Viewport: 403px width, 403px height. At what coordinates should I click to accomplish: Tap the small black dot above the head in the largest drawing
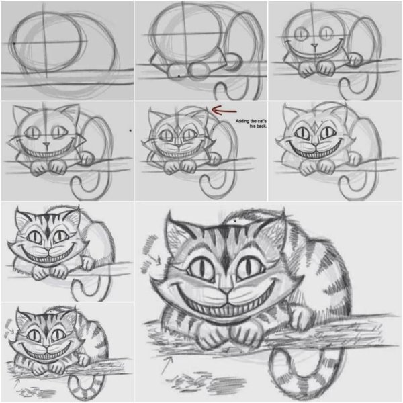tap(234, 220)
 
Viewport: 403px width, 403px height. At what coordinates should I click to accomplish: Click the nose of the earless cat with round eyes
tap(315, 45)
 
